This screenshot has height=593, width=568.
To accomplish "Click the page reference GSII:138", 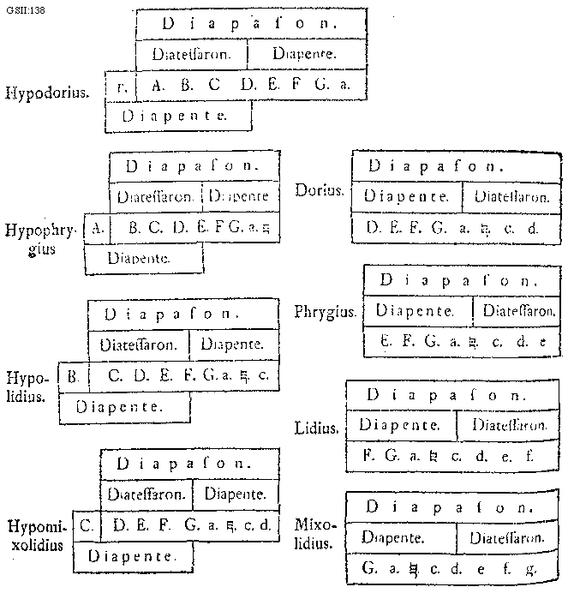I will click(x=22, y=8).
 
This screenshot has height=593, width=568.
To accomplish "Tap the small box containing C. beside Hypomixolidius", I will click(x=86, y=523).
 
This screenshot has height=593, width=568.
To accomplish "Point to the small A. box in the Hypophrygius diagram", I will click(x=98, y=228).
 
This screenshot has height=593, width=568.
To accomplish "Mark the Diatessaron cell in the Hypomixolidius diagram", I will click(x=146, y=494).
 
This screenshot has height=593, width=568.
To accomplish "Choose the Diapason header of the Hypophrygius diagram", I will click(x=194, y=165).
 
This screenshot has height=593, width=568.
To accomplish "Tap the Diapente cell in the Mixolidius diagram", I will click(x=397, y=538).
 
